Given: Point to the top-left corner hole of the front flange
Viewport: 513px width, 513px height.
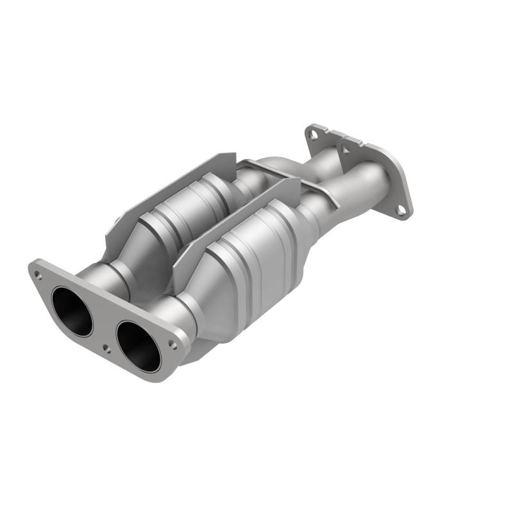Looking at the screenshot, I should tap(38, 274).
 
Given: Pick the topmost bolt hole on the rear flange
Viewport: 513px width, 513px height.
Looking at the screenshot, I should tap(312, 135).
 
